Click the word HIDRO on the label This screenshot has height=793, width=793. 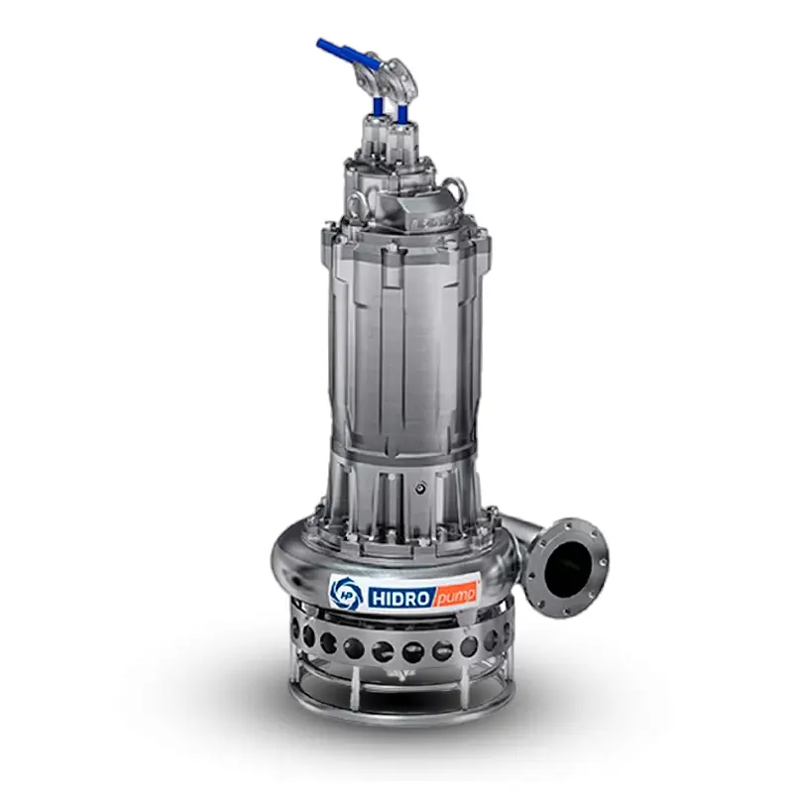pyautogui.click(x=400, y=598)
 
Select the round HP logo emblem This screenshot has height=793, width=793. pyautogui.click(x=346, y=593)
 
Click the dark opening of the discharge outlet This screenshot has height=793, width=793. pyautogui.click(x=568, y=567)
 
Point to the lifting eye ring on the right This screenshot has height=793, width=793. pyautogui.click(x=457, y=187)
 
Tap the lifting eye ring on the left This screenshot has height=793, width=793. pyautogui.click(x=358, y=203)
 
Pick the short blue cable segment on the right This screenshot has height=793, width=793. pyautogui.click(x=402, y=114)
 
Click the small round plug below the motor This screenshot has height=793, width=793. pyautogui.click(x=419, y=488)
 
